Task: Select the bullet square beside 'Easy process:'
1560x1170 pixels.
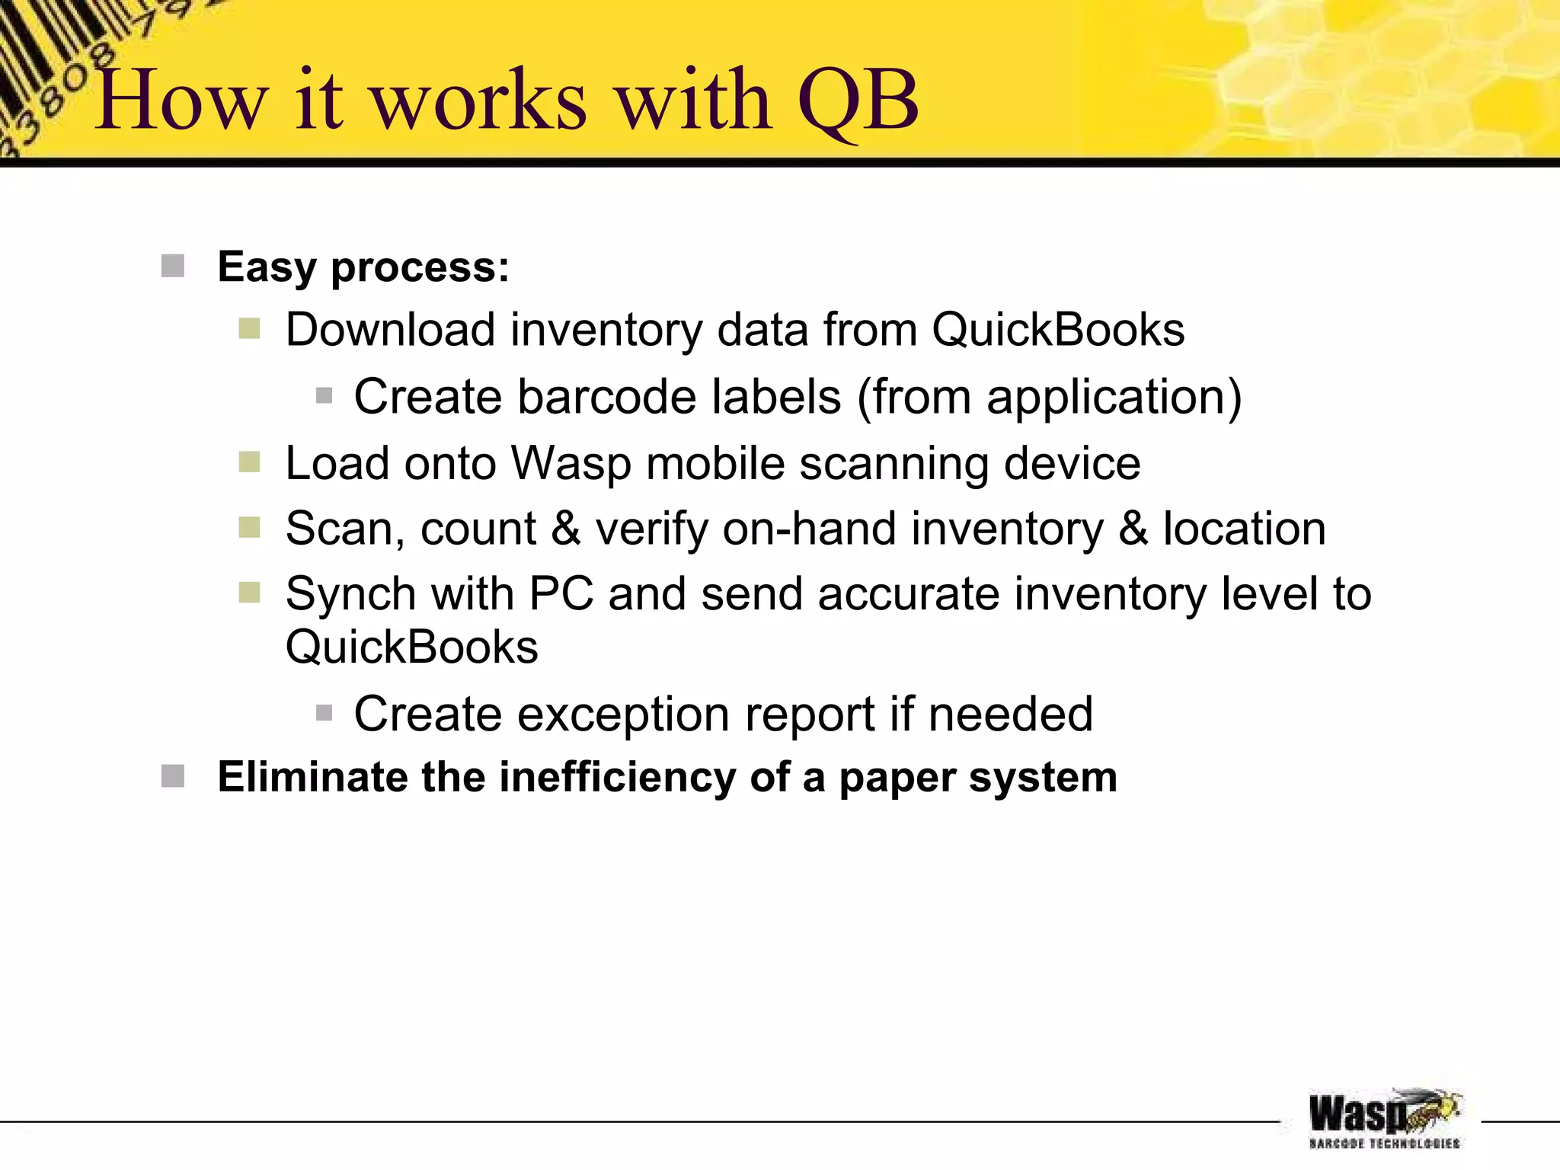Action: (x=173, y=267)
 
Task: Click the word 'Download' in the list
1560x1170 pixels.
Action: (x=391, y=330)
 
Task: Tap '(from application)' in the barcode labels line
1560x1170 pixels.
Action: (x=1050, y=398)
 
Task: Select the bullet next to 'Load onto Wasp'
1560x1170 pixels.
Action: (x=249, y=462)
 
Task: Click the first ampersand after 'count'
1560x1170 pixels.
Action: (x=566, y=529)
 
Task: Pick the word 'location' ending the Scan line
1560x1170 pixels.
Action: (x=1244, y=529)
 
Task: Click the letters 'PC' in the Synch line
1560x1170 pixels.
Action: (x=561, y=594)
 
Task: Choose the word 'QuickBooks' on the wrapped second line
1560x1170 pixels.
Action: (x=411, y=647)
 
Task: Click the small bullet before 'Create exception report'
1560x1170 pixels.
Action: (x=324, y=714)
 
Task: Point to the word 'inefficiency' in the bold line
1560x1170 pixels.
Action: (x=617, y=778)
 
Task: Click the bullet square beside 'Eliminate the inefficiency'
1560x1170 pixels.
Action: (x=173, y=777)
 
